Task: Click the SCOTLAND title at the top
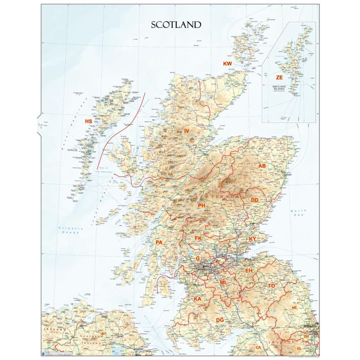(x=175, y=24)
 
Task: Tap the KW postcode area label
(x=227, y=63)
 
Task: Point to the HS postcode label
(x=88, y=121)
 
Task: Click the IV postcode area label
(x=187, y=132)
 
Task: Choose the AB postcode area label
(x=262, y=166)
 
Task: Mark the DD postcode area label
(x=255, y=200)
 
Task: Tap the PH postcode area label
(x=202, y=205)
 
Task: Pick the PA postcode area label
(x=159, y=242)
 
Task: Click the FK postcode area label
(x=199, y=238)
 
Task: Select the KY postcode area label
(x=253, y=239)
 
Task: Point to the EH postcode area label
(x=249, y=270)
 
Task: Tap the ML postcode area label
(x=223, y=283)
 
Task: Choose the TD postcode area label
(x=272, y=285)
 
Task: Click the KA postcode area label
(x=197, y=299)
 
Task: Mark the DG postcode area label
(x=220, y=320)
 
